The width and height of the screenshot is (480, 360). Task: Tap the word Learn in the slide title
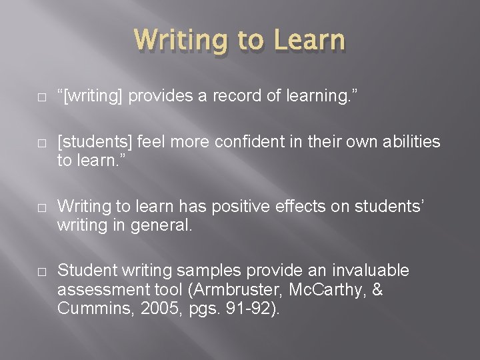pos(307,40)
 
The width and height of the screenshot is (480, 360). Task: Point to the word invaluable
pos(362,271)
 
